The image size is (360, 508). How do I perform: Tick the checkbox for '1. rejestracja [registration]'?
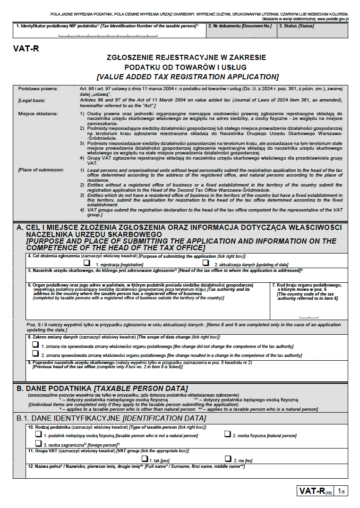[87, 262]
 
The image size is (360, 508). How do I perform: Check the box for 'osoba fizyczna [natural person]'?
[227, 434]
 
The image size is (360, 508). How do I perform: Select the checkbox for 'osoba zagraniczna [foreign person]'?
[38, 443]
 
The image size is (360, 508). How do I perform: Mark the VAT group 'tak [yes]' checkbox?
[145, 458]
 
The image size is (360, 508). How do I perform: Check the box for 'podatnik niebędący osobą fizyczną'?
[38, 434]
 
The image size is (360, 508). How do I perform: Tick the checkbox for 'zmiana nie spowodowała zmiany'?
[35, 345]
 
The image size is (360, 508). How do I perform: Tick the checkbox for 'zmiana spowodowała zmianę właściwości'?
[35, 354]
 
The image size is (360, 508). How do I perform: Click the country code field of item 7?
[309, 314]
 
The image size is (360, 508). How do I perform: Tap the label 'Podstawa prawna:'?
[38, 89]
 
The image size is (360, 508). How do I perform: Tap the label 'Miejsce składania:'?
[38, 114]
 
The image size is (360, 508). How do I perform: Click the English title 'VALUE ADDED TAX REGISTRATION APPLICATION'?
[187, 76]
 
